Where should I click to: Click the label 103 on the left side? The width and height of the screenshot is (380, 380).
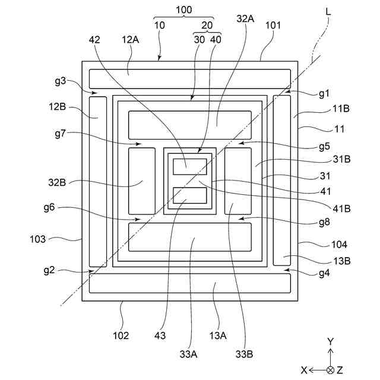tap(39, 239)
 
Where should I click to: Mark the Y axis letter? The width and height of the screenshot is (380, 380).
tap(331, 341)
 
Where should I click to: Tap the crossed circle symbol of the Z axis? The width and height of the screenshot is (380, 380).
tap(331, 369)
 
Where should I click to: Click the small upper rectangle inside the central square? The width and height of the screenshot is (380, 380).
tap(189, 167)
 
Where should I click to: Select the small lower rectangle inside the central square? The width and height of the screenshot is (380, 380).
tap(189, 195)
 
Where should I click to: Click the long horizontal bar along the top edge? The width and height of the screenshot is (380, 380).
tap(189, 77)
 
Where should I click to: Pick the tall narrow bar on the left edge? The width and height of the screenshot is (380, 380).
tap(97, 181)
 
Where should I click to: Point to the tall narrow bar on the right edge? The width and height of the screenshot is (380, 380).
tap(281, 181)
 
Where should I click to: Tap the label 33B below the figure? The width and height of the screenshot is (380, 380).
tap(245, 354)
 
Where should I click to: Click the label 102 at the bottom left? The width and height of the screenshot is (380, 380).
tap(121, 335)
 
